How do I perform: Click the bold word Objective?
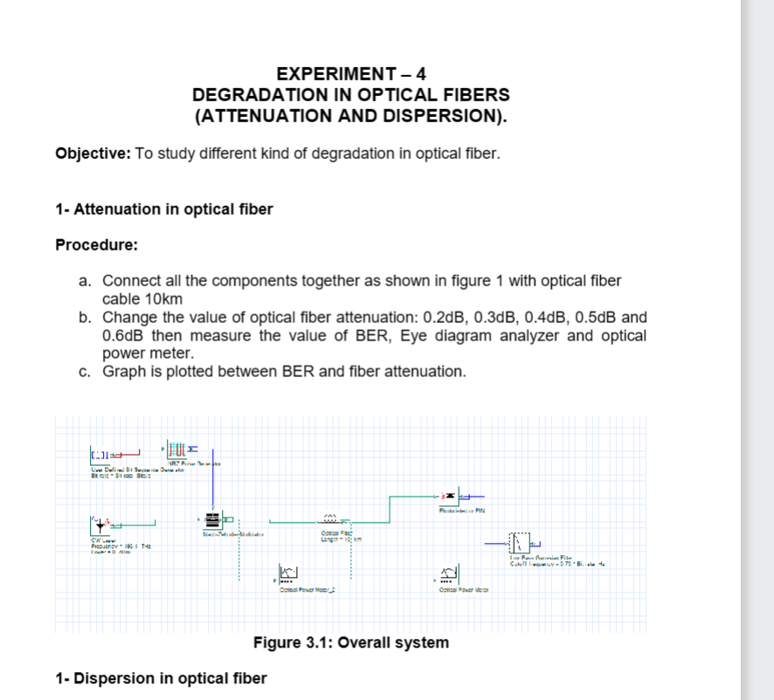click(x=93, y=154)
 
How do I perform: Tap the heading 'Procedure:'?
click(x=97, y=244)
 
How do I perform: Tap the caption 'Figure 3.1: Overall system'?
click(x=351, y=643)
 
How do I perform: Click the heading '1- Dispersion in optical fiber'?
click(x=161, y=678)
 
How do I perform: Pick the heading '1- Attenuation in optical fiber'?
click(x=163, y=209)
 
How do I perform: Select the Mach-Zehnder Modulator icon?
click(x=212, y=520)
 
